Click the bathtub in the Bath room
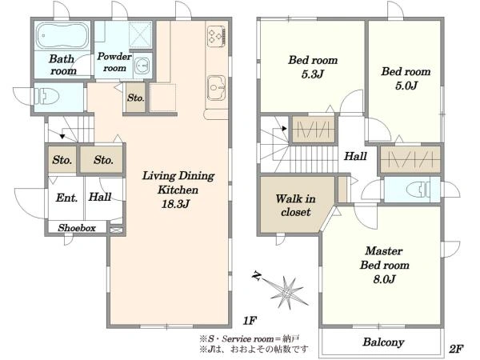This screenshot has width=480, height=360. pos(62,35)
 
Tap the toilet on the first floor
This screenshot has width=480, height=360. pos(46,97)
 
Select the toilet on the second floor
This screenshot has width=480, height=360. pos(418,189)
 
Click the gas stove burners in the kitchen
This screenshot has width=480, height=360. pos(217,36)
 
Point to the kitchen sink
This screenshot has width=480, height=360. pos(217,88)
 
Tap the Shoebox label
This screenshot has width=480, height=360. pos(77,228)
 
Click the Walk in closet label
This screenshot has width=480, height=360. pos(295,205)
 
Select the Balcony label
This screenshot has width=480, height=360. pos(383,342)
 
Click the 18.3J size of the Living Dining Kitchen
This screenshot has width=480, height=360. pos(175,204)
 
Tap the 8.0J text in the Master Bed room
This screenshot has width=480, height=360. pos(385,279)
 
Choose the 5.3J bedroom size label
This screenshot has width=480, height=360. pos(313,74)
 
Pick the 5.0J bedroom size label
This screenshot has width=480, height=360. pos(406,86)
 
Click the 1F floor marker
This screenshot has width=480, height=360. pos(250,321)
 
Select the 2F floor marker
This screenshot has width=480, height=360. pos(456,349)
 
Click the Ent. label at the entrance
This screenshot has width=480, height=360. pos(66,198)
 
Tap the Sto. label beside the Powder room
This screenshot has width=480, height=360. pos(136,98)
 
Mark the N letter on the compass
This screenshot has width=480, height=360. pos(257,278)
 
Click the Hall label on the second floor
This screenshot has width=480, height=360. pos(355,157)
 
